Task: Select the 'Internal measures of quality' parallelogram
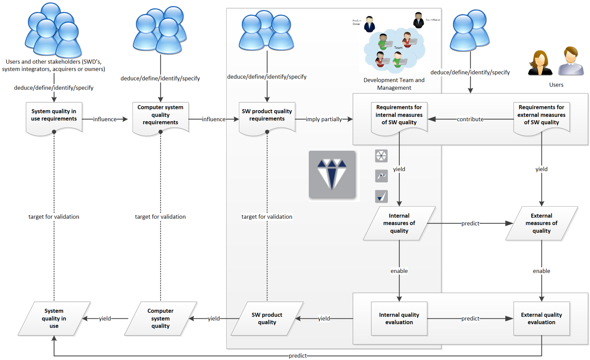coord(399,223)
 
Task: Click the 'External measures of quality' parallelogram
coord(541,223)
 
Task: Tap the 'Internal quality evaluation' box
coord(399,318)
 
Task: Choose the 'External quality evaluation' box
coord(541,318)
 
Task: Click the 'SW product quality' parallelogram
coord(267,318)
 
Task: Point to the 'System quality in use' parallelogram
coord(54,318)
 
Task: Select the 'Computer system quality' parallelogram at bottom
coord(160,318)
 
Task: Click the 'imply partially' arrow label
coord(324,119)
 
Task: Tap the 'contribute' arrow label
coord(470,119)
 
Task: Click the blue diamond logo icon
coord(332,175)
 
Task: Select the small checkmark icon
coord(381,196)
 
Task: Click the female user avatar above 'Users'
coord(540,63)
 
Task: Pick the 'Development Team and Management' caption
coord(394,84)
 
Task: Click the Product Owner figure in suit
coord(369,24)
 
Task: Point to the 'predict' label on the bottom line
coord(297,356)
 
